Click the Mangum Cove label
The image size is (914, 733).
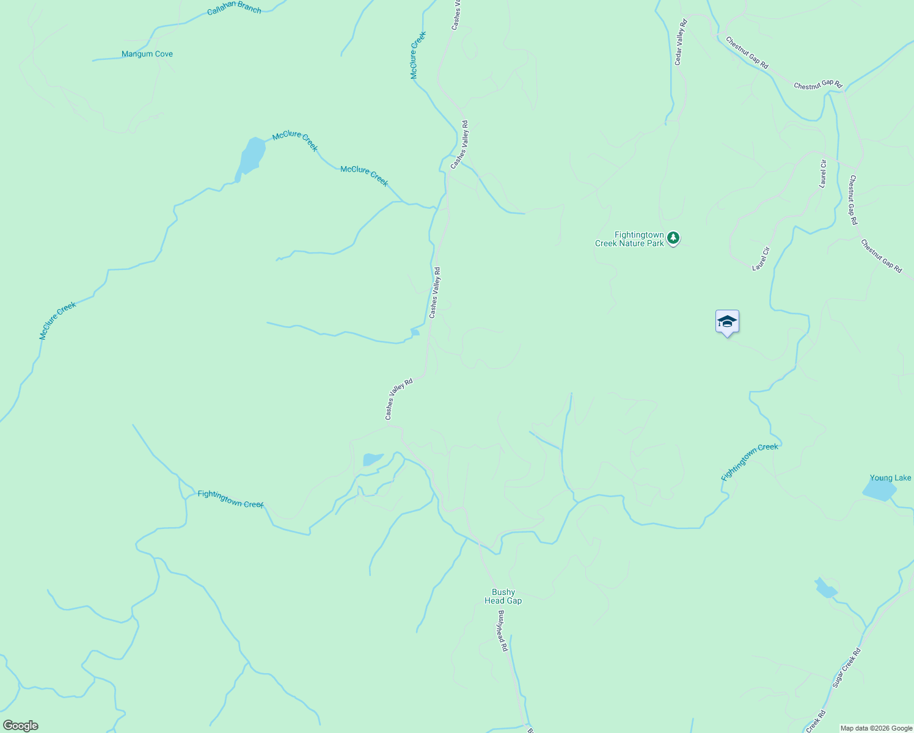click(x=147, y=54)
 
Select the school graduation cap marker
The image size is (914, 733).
click(x=727, y=322)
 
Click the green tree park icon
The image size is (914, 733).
click(x=673, y=238)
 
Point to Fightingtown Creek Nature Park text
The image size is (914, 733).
click(x=629, y=239)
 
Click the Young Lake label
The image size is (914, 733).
click(x=890, y=478)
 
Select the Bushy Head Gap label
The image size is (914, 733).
click(x=503, y=596)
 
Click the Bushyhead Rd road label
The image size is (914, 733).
click(x=502, y=630)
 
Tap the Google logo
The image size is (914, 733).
click(x=20, y=726)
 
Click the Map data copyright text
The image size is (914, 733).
click(x=876, y=728)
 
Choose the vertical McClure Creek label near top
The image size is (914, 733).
click(x=417, y=56)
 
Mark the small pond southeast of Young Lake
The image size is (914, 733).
click(x=825, y=588)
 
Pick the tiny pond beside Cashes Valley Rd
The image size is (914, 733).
click(x=415, y=332)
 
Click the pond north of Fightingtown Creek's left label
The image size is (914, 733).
click(x=372, y=459)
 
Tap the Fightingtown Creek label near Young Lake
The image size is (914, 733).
click(x=750, y=462)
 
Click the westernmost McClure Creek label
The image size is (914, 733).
click(x=57, y=321)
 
